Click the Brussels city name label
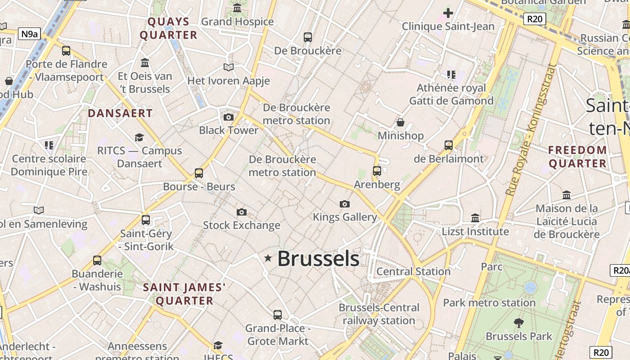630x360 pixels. (318, 259)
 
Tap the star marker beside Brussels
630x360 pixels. (268, 258)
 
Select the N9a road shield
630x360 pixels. (29, 33)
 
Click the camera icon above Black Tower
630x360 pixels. (229, 117)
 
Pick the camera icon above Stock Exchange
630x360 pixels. (242, 212)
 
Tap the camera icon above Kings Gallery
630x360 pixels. (345, 204)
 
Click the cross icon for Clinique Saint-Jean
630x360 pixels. (448, 13)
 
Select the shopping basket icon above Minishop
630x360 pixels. (400, 122)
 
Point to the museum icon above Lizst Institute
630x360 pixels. (475, 218)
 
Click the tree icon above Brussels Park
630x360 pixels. (519, 323)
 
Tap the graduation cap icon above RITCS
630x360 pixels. (139, 137)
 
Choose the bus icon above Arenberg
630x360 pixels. (377, 171)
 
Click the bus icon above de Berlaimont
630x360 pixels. (449, 145)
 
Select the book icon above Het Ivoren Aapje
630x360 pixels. (229, 67)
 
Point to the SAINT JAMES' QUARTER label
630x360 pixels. (184, 294)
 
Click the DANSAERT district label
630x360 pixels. (120, 113)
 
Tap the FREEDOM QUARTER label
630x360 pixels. (578, 157)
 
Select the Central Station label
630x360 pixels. (413, 271)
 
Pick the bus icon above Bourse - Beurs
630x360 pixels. (199, 173)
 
